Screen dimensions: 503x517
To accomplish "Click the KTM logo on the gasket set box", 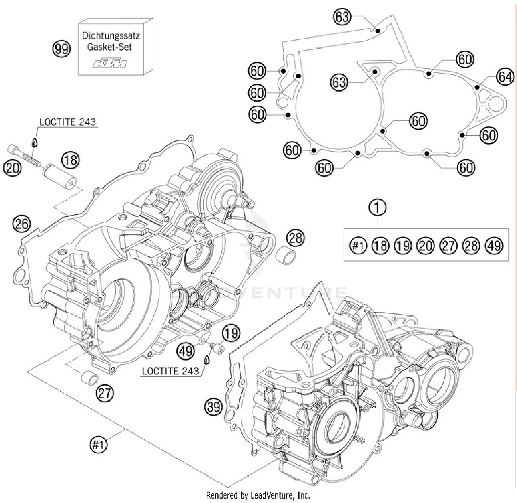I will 110,63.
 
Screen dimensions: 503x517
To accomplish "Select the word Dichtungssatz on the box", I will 111,35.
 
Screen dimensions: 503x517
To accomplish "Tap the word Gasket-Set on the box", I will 109,47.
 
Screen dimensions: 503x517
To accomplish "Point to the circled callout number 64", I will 505,76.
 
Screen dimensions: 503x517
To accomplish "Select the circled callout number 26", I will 21,224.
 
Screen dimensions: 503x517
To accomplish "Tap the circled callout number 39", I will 213,407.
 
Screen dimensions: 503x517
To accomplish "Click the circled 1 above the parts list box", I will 378,207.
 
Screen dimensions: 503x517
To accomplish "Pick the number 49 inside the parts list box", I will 494,246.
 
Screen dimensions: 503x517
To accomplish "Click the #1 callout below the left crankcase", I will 99,445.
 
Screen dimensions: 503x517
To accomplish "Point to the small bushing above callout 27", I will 89,377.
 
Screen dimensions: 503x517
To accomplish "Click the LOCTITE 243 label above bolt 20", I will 68,122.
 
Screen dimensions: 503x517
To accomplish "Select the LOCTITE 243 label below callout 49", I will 170,371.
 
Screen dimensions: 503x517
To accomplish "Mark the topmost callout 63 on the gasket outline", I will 342,17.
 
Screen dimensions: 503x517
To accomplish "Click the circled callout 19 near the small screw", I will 231,333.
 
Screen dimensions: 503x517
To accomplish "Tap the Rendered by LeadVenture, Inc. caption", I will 258,495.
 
